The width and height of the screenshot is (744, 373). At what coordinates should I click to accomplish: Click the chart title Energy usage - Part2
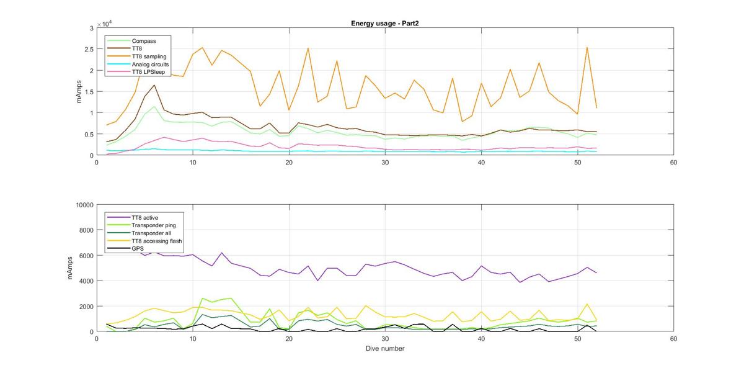(384, 23)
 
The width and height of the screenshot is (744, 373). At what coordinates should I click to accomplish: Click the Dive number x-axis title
(385, 348)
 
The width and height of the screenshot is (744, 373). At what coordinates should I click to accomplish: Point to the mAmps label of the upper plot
(79, 91)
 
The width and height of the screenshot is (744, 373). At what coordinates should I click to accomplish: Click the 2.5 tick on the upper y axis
(89, 49)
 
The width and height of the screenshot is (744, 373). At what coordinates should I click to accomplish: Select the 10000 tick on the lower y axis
(85, 205)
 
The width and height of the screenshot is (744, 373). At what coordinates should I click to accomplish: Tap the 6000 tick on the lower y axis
(86, 256)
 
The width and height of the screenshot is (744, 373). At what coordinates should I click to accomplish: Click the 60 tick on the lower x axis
(673, 339)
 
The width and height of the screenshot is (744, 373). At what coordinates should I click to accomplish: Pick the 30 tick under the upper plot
(385, 163)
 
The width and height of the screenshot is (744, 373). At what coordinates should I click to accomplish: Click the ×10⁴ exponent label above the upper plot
(104, 24)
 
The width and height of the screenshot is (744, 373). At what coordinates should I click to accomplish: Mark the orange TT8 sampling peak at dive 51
(587, 48)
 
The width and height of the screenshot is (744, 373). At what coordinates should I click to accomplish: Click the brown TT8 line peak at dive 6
(154, 85)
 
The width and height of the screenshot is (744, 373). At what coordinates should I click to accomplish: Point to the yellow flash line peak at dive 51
(587, 304)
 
